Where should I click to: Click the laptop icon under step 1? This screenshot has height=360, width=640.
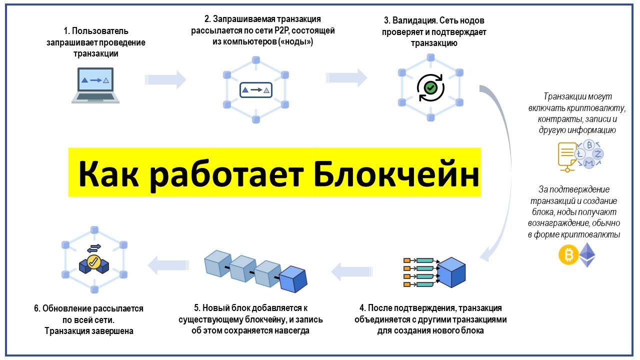point(95,85)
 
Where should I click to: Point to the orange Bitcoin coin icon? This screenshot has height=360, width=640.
point(568,255)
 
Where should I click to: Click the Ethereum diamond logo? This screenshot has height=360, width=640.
point(588,254)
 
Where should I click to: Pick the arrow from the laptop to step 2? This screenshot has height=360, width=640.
point(165,79)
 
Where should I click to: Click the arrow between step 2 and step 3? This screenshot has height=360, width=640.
point(346,78)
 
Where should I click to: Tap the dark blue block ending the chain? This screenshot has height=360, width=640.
point(293,280)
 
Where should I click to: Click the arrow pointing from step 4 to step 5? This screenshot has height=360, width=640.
point(348,272)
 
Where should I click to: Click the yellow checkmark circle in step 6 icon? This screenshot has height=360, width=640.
point(93,261)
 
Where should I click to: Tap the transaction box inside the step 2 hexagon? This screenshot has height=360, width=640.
point(255,90)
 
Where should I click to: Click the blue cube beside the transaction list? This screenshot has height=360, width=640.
point(451,272)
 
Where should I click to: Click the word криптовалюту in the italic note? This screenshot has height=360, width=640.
point(601,108)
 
